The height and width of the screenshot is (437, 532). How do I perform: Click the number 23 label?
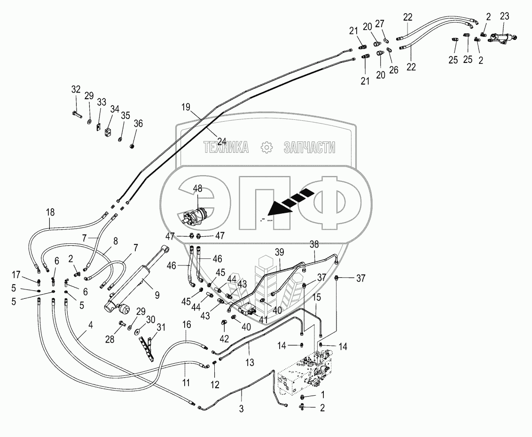click(504, 16)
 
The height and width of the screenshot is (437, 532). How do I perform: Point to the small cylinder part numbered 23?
click(502, 39)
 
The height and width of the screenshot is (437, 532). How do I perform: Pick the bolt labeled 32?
click(77, 114)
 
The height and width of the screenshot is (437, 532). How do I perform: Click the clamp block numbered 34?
click(108, 133)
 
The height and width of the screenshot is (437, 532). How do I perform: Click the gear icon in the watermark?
click(266, 148)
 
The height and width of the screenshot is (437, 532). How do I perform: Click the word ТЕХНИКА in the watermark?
click(226, 148)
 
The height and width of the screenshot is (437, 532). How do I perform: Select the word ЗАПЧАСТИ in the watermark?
click(309, 148)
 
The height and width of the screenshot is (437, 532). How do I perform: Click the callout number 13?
click(250, 362)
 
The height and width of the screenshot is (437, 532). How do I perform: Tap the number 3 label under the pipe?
click(241, 409)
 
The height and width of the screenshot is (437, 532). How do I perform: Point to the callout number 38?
click(314, 244)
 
